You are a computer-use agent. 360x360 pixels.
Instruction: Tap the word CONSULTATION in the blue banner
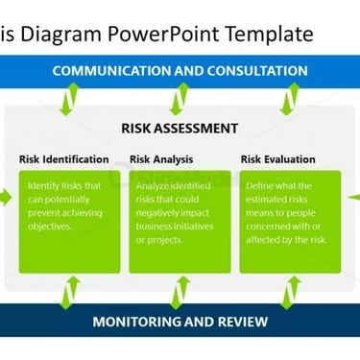click(257, 71)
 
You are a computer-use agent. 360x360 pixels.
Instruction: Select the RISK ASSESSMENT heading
click(180, 129)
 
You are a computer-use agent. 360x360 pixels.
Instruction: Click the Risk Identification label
click(64, 159)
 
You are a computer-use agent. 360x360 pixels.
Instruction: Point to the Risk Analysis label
click(161, 159)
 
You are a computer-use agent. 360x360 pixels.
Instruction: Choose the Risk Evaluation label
click(278, 159)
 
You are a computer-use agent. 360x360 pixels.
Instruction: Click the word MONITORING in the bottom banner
click(137, 322)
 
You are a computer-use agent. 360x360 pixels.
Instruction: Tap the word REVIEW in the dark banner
click(243, 322)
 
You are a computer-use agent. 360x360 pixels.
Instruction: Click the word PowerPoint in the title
click(163, 34)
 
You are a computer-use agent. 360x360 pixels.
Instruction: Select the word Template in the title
click(269, 35)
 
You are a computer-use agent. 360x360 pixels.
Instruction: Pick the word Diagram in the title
click(61, 35)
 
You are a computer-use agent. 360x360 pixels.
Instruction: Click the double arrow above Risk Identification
click(70, 99)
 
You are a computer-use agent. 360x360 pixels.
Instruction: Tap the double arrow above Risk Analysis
click(180, 99)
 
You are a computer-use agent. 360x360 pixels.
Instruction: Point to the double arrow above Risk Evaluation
click(290, 99)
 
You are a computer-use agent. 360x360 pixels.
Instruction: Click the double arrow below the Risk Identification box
click(70, 293)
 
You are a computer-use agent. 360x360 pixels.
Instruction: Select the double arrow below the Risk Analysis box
click(180, 293)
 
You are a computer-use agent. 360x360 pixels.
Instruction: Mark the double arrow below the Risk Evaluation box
click(290, 293)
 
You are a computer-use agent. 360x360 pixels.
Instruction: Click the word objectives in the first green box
click(49, 227)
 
